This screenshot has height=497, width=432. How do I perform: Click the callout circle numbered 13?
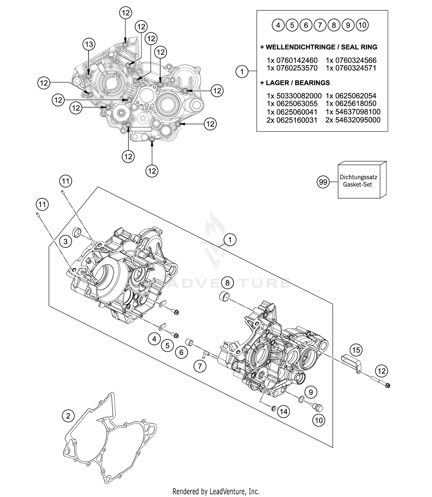pos(89,44)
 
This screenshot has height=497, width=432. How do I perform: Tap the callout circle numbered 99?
pos(323,182)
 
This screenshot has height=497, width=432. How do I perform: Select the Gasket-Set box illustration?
pos(361,180)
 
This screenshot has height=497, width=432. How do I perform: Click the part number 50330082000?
pos(299,96)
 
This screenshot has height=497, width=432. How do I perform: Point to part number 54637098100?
pos(357,112)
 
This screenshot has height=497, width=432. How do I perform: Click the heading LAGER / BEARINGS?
pos(295,83)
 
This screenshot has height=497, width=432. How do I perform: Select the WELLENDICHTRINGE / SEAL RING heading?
pos(319,47)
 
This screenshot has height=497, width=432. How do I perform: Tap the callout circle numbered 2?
pos(68,416)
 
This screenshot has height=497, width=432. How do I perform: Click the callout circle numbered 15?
pos(356,350)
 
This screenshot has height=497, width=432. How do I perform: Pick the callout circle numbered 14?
pos(284,412)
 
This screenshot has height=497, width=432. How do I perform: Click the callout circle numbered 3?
pos(66,241)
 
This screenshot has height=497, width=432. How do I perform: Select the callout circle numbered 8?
pos(227,283)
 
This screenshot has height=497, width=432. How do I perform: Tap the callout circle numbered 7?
pos(200,366)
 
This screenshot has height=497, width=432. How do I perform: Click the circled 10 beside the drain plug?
pos(319,420)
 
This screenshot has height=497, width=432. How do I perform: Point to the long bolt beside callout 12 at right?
pos(380,382)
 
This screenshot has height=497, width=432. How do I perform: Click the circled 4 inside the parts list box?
pos(278,25)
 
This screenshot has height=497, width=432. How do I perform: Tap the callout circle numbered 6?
pos(181,352)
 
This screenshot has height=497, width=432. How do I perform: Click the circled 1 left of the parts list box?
pos(242,71)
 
